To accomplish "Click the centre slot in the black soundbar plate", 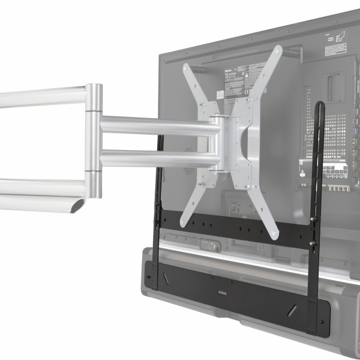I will pos(222,293).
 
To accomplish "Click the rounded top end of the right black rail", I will pos(321,106).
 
